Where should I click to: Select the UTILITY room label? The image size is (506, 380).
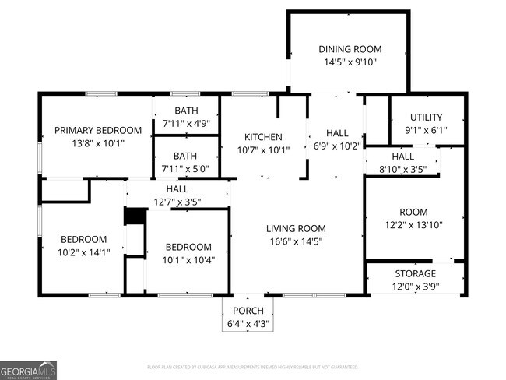click(x=427, y=117)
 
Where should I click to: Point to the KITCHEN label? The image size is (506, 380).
click(x=263, y=137)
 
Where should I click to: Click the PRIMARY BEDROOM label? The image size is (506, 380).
click(x=97, y=130)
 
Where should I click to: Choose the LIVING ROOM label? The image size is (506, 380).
click(x=296, y=228)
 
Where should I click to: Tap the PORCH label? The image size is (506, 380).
click(x=248, y=311)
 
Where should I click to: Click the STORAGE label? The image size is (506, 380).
click(x=415, y=273)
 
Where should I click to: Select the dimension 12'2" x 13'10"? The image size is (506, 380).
click(x=414, y=225)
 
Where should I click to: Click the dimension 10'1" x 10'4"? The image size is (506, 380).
click(x=187, y=259)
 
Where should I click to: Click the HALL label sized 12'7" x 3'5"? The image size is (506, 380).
click(x=177, y=188)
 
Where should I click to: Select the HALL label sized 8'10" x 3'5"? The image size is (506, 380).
click(x=402, y=156)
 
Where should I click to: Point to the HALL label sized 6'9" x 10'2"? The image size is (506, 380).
click(x=337, y=132)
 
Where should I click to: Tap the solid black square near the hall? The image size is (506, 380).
click(x=136, y=216)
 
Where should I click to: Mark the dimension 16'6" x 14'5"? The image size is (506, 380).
click(x=296, y=241)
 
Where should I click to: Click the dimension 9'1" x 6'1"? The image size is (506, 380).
click(x=427, y=130)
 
